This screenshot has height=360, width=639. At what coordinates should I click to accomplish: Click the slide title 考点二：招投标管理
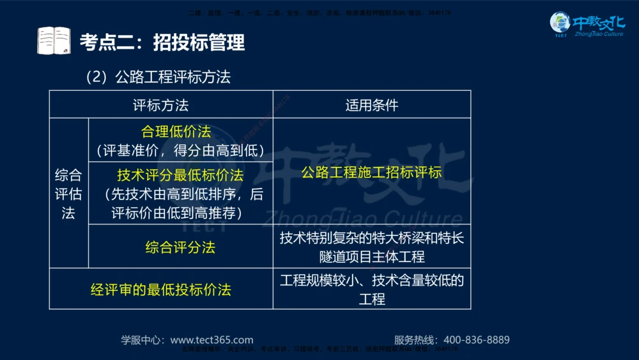pyautogui.click(x=162, y=43)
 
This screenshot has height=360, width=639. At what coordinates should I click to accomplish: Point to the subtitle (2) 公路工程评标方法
pyautogui.click(x=158, y=77)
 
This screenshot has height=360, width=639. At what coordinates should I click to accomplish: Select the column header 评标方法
pyautogui.click(x=160, y=105)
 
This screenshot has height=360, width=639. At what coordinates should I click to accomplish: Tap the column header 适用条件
pyautogui.click(x=371, y=105)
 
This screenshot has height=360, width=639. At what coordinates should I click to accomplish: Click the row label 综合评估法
pyautogui.click(x=68, y=194)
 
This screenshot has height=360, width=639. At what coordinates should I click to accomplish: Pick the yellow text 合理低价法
pyautogui.click(x=176, y=132)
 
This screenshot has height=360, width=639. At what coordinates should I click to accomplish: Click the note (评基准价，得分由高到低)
pyautogui.click(x=180, y=151)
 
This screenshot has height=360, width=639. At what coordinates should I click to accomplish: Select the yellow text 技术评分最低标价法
pyautogui.click(x=180, y=175)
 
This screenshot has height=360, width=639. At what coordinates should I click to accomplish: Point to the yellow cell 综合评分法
pyautogui.click(x=180, y=247)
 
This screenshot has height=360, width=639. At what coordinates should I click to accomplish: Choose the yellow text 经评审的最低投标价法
pyautogui.click(x=160, y=289)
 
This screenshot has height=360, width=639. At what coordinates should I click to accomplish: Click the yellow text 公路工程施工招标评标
pyautogui.click(x=371, y=172)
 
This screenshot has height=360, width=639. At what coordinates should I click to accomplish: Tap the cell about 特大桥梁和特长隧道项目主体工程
pyautogui.click(x=371, y=247)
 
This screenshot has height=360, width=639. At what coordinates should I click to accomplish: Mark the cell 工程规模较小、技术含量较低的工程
pyautogui.click(x=371, y=289)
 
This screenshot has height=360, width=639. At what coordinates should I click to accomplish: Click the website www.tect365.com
pyautogui.click(x=212, y=340)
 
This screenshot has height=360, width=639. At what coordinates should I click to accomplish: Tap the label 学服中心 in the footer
pyautogui.click(x=142, y=340)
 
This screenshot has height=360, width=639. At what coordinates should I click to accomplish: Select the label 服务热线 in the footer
pyautogui.click(x=415, y=340)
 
